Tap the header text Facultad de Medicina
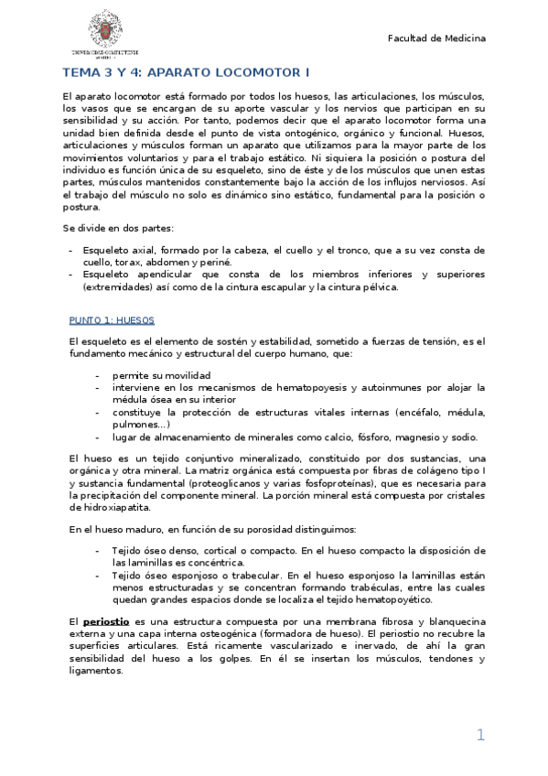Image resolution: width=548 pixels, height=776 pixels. [x=437, y=38]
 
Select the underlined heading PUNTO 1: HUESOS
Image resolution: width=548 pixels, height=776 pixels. [x=112, y=320]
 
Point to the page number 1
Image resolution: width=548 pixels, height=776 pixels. [x=479, y=735]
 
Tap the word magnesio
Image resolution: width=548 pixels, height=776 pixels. [x=399, y=436]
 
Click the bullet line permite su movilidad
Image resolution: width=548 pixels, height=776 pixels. [x=161, y=375]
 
